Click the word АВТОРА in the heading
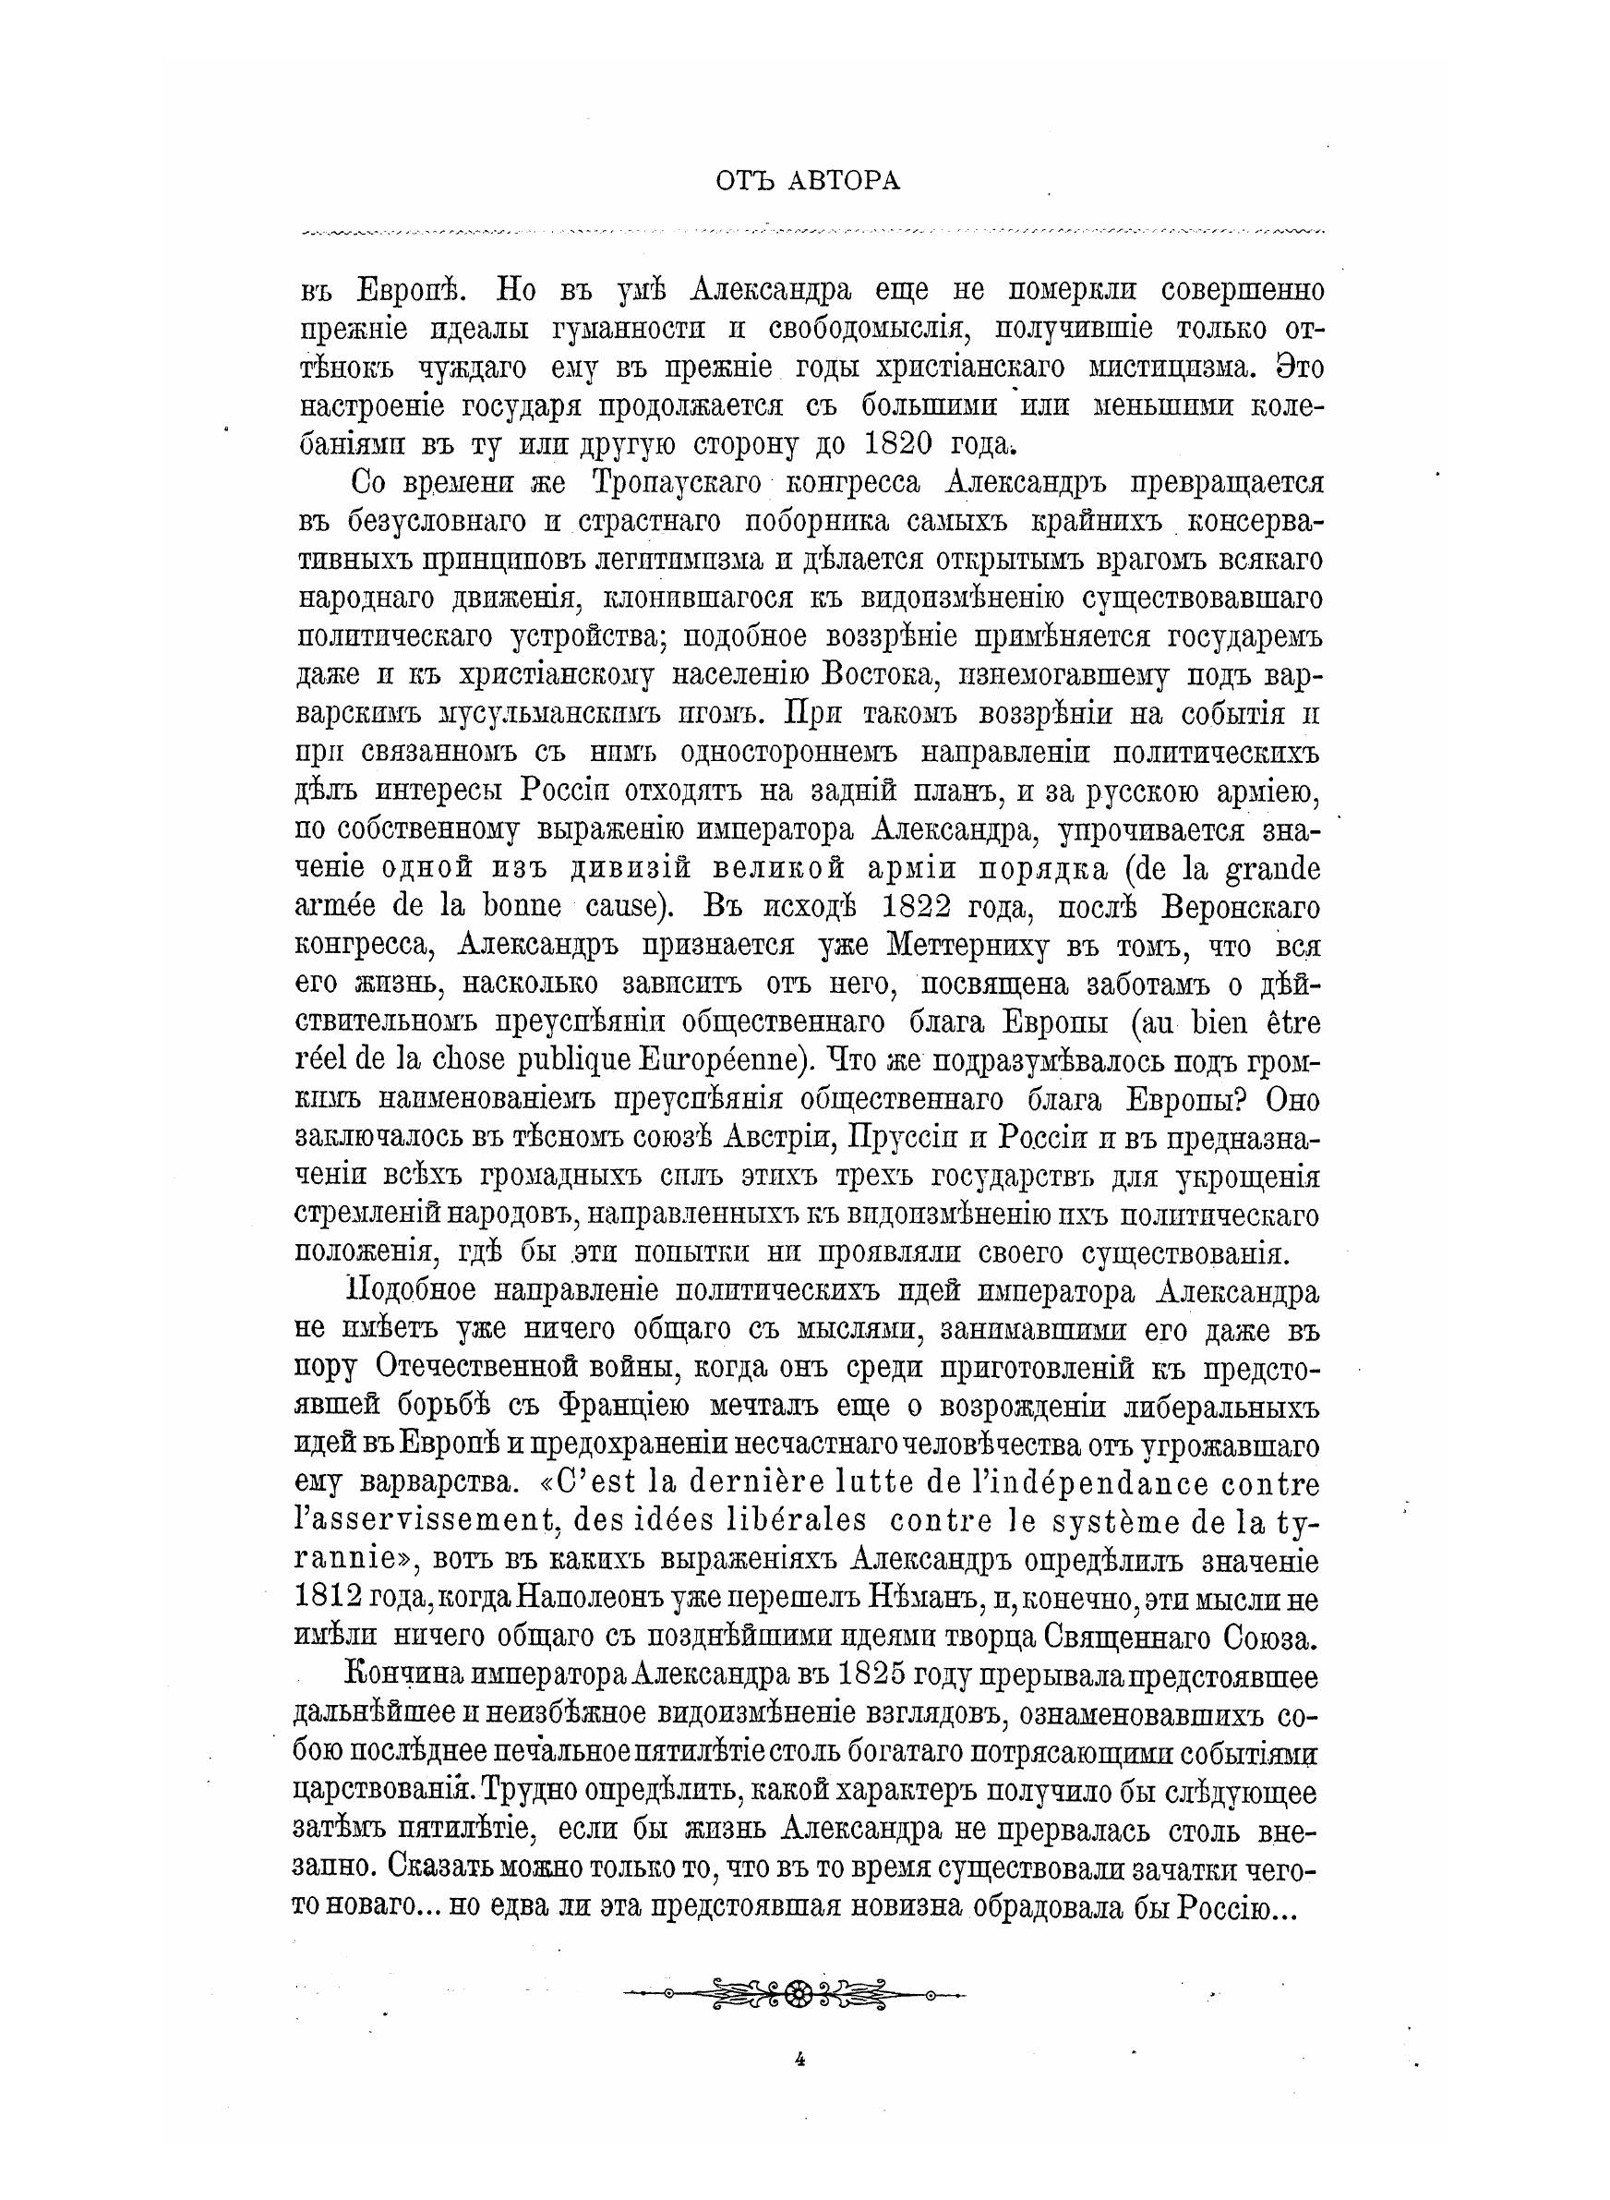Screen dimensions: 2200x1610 (x=845, y=181)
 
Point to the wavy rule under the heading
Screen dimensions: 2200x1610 (x=814, y=232)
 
